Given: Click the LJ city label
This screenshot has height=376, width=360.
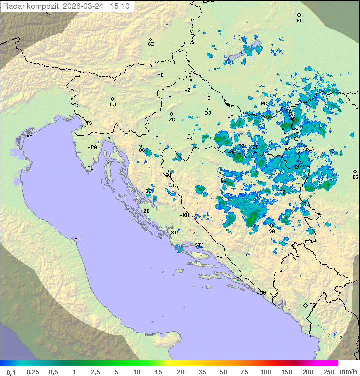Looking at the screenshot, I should point(113,105).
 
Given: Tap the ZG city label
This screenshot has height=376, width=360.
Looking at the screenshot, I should point(172,120).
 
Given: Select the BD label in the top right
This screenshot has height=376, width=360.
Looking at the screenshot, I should point(299,21).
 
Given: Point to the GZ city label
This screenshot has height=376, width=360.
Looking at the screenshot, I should point(151,44).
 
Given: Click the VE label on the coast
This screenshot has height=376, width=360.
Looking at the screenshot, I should point(29,136).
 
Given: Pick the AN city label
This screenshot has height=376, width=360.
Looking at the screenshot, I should point(77,240).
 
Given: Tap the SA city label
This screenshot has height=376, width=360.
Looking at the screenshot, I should point(272,231).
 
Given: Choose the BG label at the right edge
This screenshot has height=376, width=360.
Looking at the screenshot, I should point(355,177).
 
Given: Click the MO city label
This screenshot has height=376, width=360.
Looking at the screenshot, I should point(251,255).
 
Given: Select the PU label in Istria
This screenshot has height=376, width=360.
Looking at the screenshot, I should point(90,168).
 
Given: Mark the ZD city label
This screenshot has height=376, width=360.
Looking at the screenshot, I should point(146,211).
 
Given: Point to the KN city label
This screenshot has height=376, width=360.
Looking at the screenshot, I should point(186,215).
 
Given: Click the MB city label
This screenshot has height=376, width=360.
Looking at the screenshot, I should point(160,75).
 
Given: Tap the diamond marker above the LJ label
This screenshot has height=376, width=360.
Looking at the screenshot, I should point(113,99).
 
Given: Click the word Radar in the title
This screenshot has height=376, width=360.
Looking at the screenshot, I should point(13,6).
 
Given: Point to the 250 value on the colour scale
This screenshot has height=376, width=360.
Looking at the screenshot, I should point(329,372).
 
